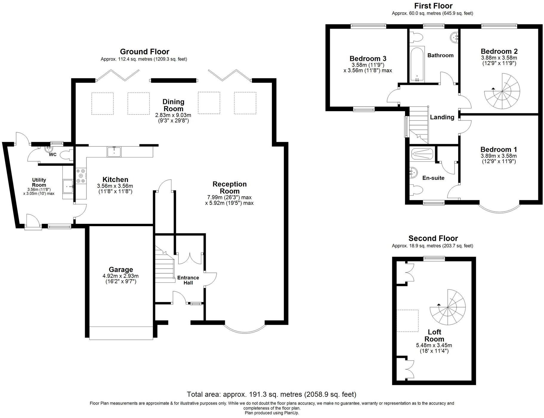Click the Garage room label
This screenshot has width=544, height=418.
coord(120,270)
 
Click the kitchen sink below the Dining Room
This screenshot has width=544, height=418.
coord(114,151)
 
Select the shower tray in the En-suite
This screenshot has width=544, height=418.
coord(422,154)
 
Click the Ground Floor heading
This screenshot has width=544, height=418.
coord(144,52)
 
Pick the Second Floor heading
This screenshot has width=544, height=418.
coord(433,238)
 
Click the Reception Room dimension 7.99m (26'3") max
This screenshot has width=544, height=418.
coord(229,197)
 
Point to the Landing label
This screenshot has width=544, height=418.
coord(442,117)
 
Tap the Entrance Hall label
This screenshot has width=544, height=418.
coord(188,280)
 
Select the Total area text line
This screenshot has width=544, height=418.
coord(271,394)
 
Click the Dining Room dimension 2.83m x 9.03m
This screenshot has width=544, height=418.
coord(173,115)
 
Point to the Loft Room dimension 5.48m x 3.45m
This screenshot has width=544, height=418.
coord(434,345)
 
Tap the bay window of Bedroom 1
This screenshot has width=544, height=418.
coord(499,208)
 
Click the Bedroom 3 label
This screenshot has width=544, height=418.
coord(368,58)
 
